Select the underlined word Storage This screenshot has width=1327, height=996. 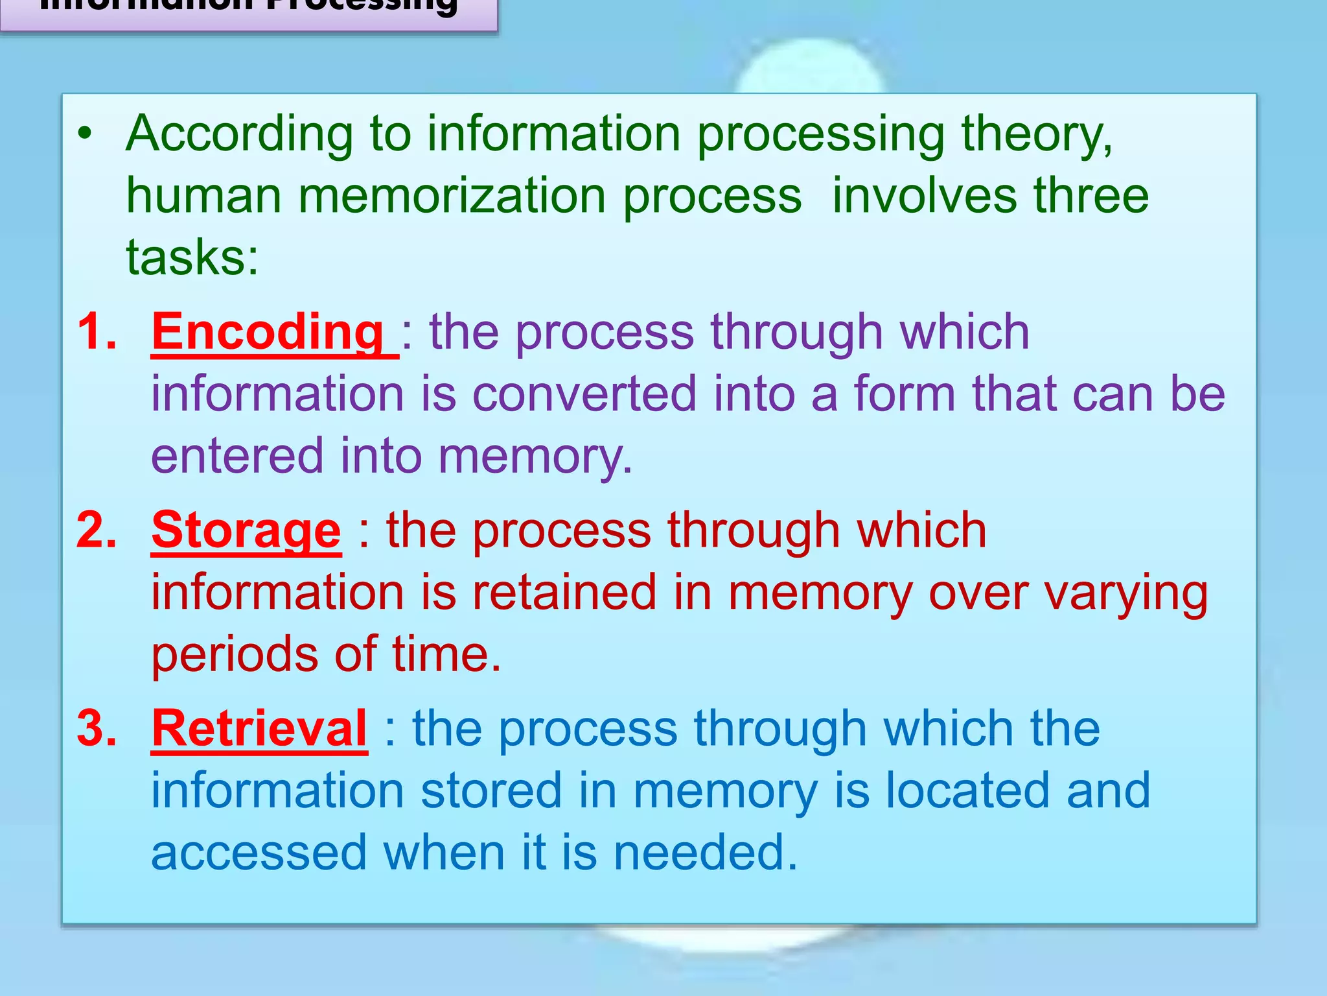[x=246, y=530]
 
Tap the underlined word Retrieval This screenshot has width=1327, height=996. [x=259, y=729]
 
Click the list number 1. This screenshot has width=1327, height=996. [x=97, y=332]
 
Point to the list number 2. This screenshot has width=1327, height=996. [x=97, y=530]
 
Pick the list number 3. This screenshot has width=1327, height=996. [x=97, y=729]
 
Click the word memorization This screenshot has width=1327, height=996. [x=452, y=196]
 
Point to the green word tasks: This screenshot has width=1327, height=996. [x=192, y=257]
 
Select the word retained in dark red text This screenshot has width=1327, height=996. [x=564, y=593]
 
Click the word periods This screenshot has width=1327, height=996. [x=235, y=655]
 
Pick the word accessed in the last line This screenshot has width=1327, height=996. [x=259, y=853]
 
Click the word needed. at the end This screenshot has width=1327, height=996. [x=705, y=853]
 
